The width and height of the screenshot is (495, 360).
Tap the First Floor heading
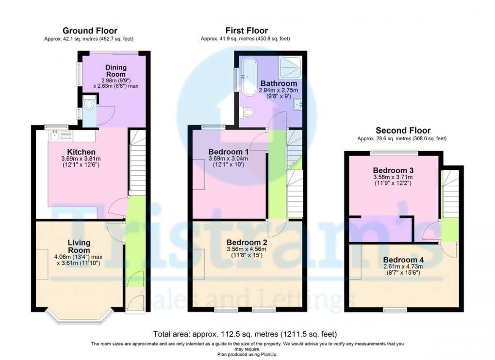click(247, 31)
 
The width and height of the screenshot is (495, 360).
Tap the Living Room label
click(79, 246)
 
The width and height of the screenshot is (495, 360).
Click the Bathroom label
click(279, 83)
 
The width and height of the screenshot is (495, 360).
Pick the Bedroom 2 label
click(247, 242)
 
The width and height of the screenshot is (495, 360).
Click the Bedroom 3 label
click(393, 170)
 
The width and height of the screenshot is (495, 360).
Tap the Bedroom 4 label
click(403, 260)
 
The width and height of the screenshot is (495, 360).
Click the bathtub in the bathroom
click(249, 77)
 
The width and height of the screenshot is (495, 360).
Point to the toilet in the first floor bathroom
click(248, 112)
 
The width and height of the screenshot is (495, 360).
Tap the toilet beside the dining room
click(89, 104)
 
